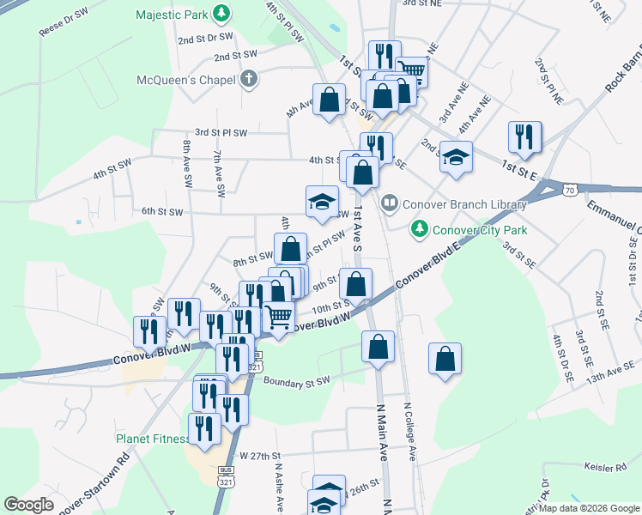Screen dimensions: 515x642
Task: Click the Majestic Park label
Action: (x=172, y=15)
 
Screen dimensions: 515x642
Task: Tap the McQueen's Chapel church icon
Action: (x=249, y=80)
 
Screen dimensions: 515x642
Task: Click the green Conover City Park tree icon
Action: (x=420, y=229)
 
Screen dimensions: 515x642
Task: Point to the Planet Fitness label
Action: (x=151, y=439)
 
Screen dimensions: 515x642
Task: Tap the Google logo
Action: (x=29, y=504)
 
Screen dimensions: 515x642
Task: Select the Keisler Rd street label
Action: (x=604, y=468)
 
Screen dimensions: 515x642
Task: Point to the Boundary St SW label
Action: (x=296, y=381)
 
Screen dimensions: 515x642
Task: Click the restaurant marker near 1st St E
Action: (x=524, y=137)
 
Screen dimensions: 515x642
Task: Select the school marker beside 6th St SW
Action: (x=322, y=202)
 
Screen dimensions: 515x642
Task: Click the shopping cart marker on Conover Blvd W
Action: (x=279, y=318)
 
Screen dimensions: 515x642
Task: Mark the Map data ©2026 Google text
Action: (x=589, y=508)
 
